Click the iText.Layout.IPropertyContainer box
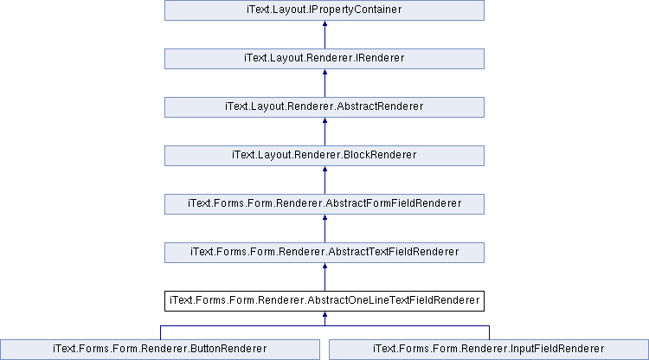click(x=324, y=10)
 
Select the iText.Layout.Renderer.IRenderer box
click(x=324, y=59)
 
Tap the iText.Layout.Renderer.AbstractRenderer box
click(x=324, y=107)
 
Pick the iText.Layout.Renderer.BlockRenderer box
click(x=324, y=156)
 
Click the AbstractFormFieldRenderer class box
click(x=324, y=204)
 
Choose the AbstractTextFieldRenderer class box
click(x=324, y=253)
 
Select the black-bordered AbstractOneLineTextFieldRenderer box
click(x=324, y=301)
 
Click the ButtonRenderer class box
click(x=160, y=350)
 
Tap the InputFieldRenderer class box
click(x=489, y=350)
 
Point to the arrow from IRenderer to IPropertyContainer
click(x=324, y=35)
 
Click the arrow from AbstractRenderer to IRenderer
click(x=324, y=83)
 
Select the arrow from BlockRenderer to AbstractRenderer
click(x=324, y=132)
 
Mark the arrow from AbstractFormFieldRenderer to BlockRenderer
click(x=324, y=180)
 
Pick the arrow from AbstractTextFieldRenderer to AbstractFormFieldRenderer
click(x=324, y=228)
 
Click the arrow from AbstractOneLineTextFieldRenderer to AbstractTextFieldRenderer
click(x=324, y=277)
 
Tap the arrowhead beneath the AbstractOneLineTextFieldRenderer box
click(x=324, y=314)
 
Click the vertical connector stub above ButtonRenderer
click(x=161, y=332)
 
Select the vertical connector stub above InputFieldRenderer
click(x=489, y=332)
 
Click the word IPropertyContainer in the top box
click(x=356, y=10)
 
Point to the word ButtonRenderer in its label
click(x=228, y=349)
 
